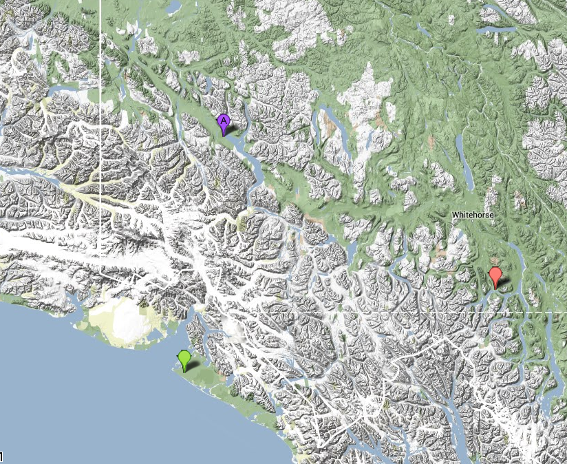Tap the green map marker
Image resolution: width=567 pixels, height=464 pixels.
[x=184, y=358]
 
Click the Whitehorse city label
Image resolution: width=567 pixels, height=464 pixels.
[x=473, y=215]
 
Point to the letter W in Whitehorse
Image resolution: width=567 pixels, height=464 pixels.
[x=455, y=215]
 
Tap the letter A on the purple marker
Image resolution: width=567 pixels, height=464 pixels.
[x=223, y=120]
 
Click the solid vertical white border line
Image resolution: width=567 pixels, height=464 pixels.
[x=100, y=172]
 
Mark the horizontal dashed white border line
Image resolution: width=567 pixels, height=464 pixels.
[x=413, y=312]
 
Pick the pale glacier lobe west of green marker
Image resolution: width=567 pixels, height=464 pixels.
[x=128, y=319]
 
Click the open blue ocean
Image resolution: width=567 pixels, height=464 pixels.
[x=83, y=399]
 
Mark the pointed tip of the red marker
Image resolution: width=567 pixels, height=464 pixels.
[x=495, y=288]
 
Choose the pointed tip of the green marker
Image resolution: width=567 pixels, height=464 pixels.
[x=184, y=372]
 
